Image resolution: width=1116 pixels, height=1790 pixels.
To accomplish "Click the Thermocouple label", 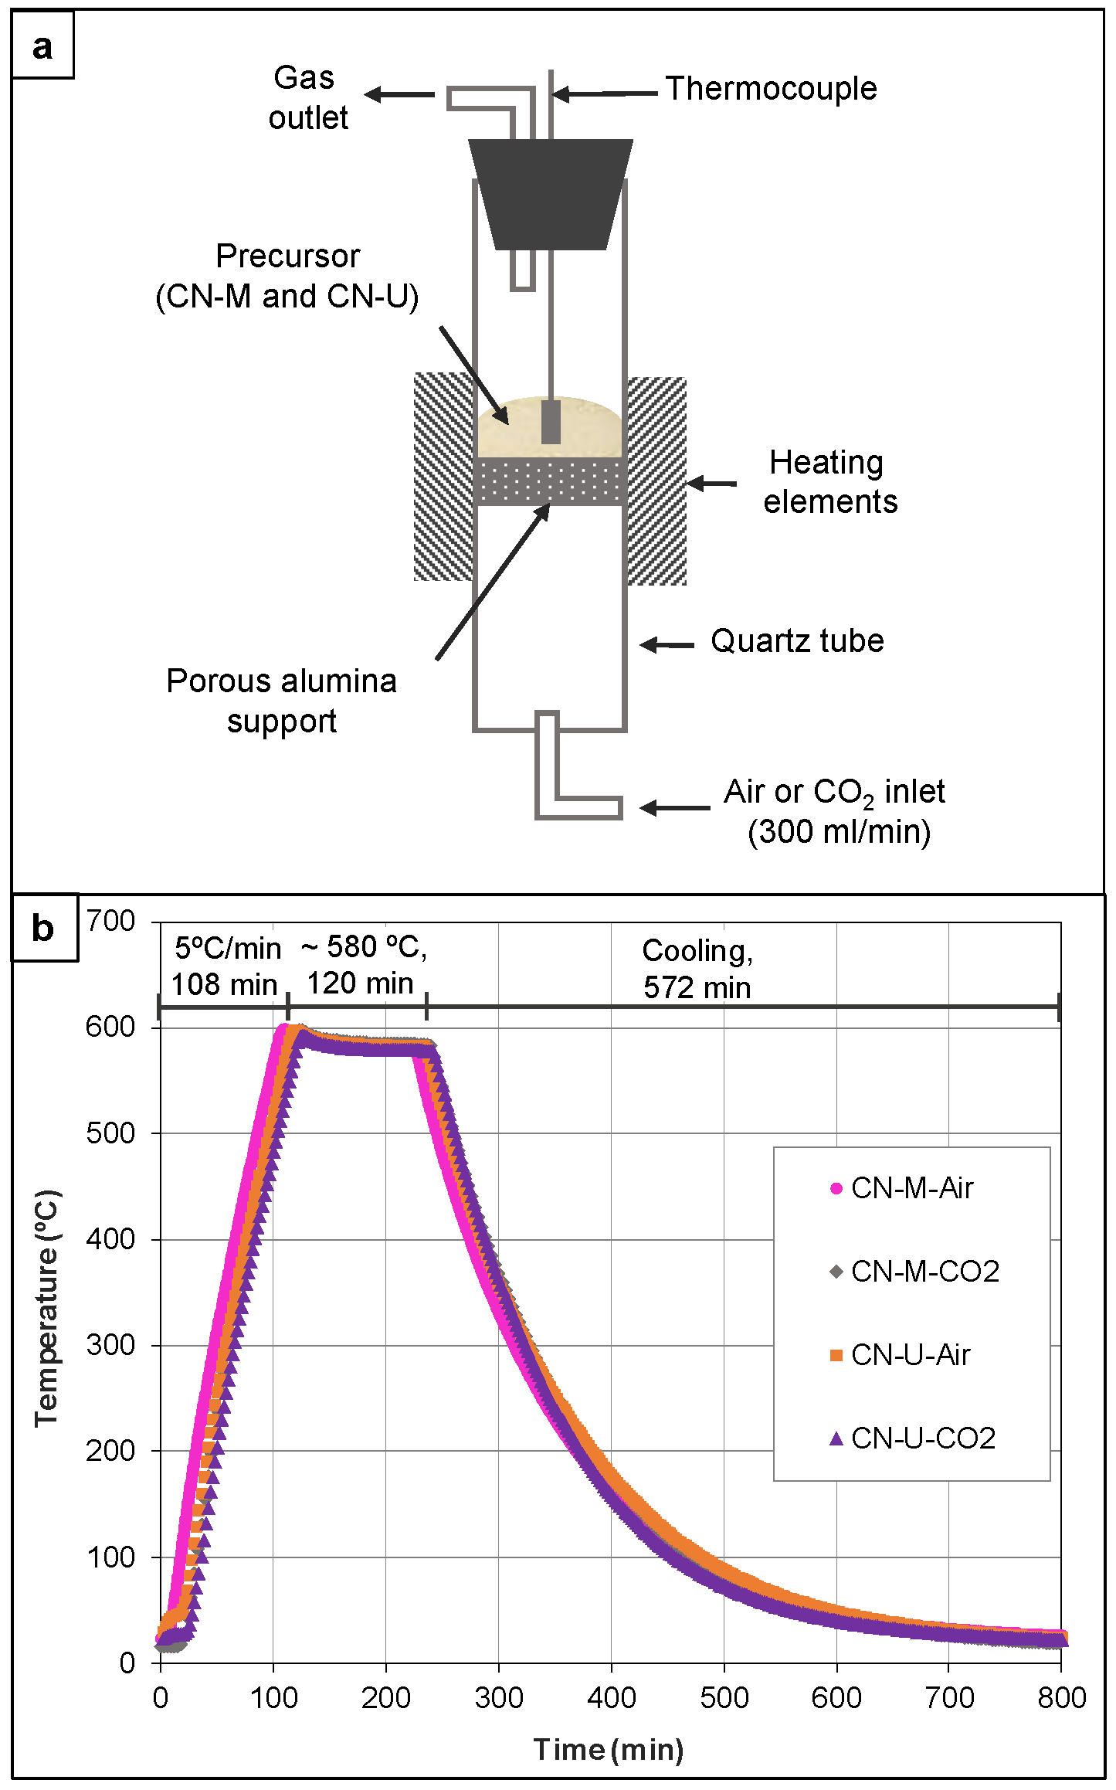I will [771, 89].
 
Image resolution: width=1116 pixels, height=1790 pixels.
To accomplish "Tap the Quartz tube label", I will [797, 641].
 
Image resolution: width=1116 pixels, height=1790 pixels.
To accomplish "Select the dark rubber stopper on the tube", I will [550, 193].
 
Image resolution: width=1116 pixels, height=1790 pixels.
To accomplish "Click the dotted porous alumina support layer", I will [550, 481].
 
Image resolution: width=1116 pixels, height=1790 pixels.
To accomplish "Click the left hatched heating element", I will [443, 477].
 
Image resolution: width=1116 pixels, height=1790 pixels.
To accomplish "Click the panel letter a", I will [42, 46].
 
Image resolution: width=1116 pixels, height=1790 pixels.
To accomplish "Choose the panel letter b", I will [43, 928].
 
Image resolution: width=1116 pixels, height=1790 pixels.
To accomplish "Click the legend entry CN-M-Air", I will [911, 1188].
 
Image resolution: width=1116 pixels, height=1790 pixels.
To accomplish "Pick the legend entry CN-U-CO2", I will [922, 1438].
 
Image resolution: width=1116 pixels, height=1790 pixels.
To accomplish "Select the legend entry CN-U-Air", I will [910, 1354].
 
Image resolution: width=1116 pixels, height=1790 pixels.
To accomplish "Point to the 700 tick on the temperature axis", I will [110, 920].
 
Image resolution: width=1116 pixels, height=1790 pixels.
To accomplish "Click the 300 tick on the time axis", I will [498, 1697].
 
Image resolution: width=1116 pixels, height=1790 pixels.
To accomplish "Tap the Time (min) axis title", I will [609, 1748].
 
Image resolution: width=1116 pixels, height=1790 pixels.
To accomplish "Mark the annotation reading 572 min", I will [697, 987].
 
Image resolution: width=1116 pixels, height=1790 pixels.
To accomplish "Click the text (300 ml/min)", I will [839, 832].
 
